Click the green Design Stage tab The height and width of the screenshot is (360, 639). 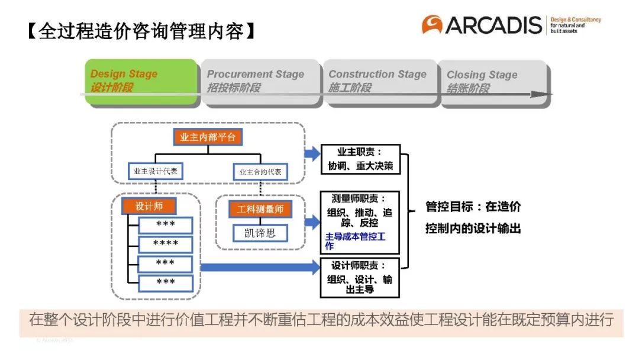(x=141, y=82)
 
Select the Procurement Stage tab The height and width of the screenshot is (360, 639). (x=259, y=82)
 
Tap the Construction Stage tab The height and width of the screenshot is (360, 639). (x=379, y=82)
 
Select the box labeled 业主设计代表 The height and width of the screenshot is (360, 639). (x=155, y=172)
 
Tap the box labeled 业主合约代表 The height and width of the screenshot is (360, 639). (x=260, y=172)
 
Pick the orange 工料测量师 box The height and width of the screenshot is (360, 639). (x=260, y=209)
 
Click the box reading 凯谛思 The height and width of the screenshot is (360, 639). (x=260, y=233)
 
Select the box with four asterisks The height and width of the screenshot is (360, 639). (x=166, y=243)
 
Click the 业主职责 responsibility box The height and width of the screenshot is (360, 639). (x=360, y=159)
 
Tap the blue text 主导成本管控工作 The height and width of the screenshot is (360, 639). (x=355, y=241)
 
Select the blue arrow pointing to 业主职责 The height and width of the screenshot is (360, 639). (x=311, y=154)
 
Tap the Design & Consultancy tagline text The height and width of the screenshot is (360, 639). (x=575, y=25)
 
